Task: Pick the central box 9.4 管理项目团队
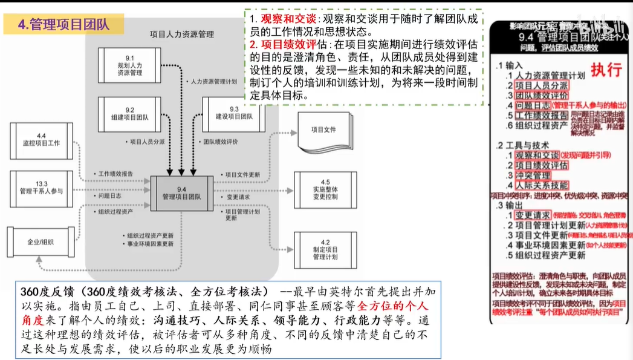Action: tap(181, 193)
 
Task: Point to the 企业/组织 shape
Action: tap(41, 242)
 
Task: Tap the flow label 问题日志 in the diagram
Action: tap(111, 196)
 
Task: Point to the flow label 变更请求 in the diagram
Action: tap(241, 197)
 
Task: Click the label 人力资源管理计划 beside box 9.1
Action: tap(215, 80)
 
